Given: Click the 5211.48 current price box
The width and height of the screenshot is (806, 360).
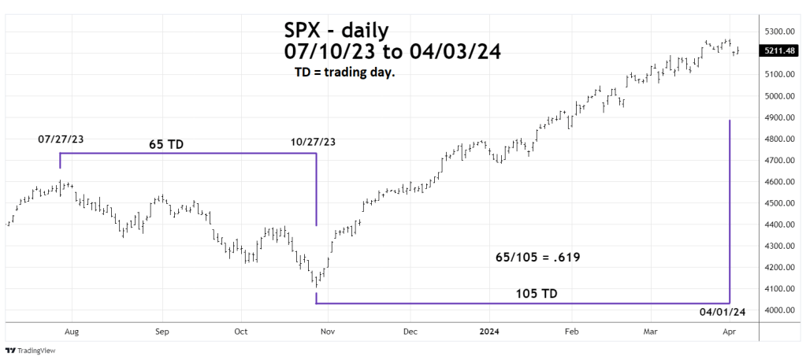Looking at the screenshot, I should (779, 51).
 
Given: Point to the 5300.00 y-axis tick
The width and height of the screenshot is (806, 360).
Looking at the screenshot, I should (778, 32).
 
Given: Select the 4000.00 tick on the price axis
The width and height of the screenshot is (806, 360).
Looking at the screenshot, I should (778, 310).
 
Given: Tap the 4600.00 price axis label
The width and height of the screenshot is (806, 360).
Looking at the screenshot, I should (778, 182).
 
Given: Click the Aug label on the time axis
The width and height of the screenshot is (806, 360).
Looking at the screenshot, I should (71, 332).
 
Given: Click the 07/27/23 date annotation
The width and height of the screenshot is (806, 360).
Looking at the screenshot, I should (61, 139).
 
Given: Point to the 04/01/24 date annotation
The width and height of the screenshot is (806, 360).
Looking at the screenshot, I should (722, 314).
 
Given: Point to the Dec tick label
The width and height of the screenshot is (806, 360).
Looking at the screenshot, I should (409, 332).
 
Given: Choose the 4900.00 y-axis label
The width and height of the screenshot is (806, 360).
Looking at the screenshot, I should (778, 117).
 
